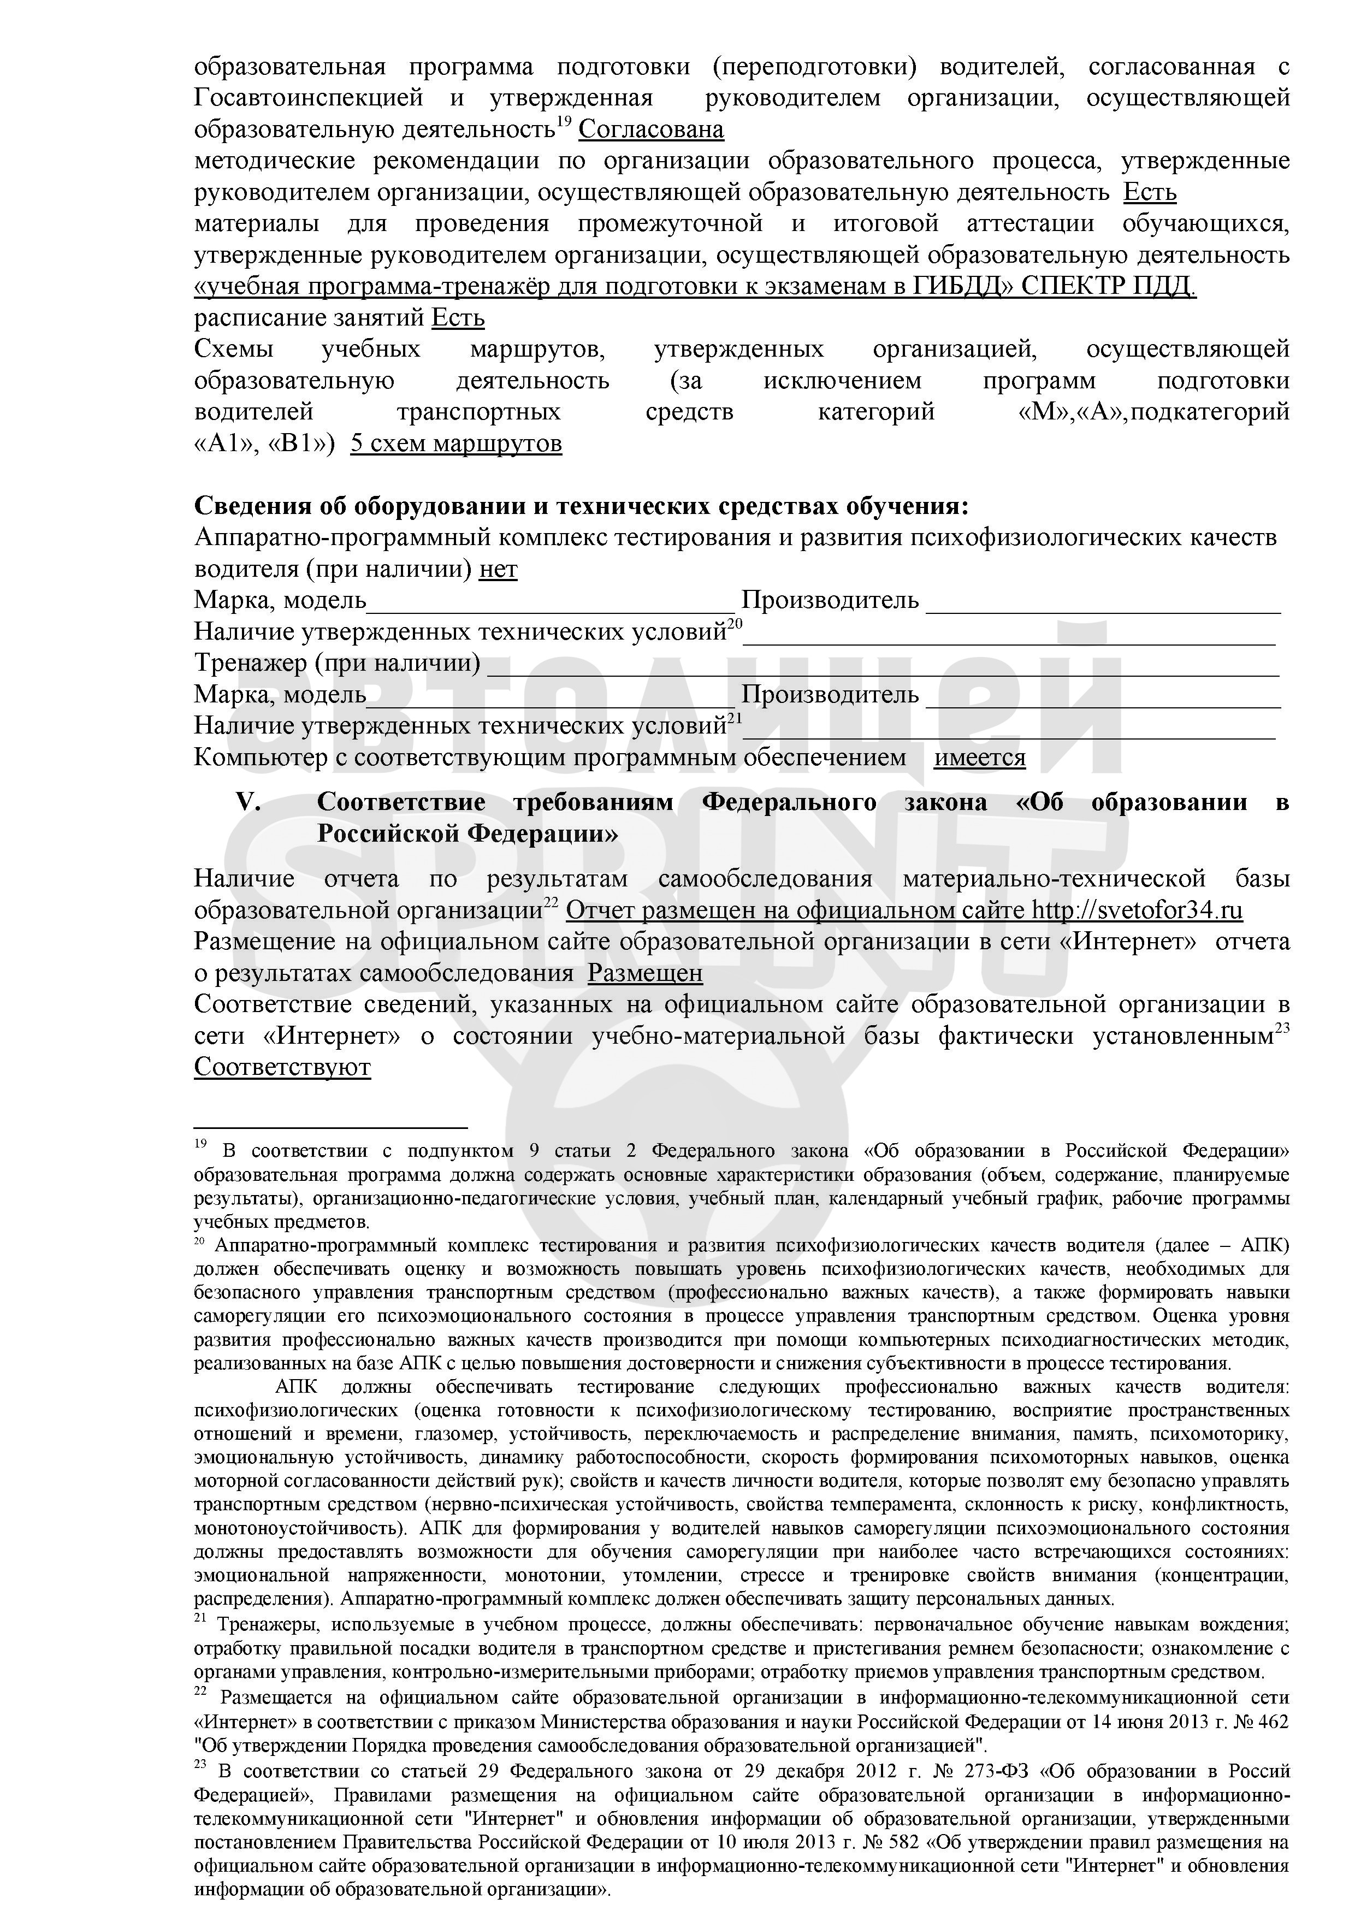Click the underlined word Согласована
[651, 130]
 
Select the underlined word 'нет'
[498, 570]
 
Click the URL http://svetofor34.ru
[1137, 910]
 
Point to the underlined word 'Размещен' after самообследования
[645, 974]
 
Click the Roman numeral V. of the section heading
[250, 803]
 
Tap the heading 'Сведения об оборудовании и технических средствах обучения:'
[582, 506]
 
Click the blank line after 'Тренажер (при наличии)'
[882, 665]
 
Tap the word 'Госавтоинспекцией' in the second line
[309, 98]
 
